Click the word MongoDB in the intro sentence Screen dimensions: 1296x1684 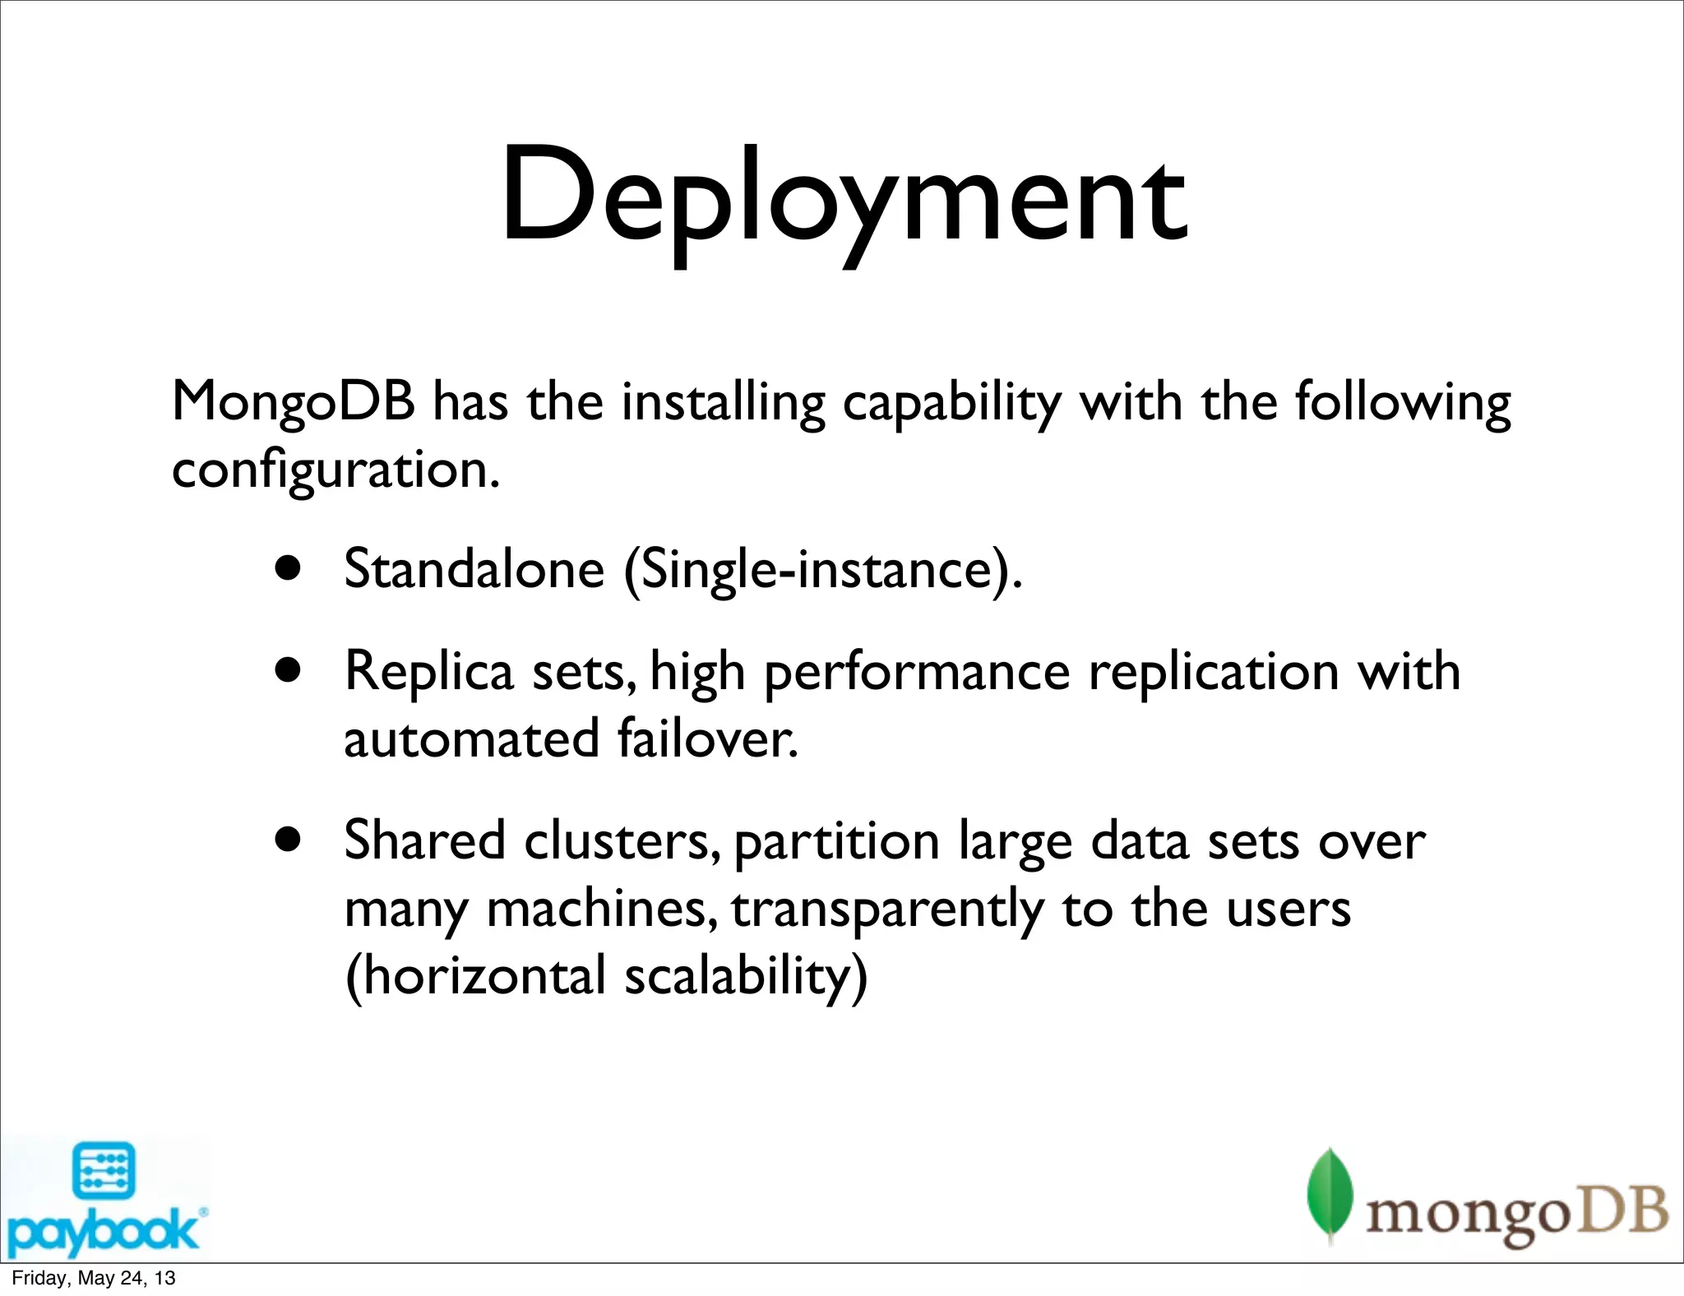tap(293, 403)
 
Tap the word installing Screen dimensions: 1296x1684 tap(723, 403)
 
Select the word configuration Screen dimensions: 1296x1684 tap(335, 470)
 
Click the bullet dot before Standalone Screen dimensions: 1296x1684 tap(289, 568)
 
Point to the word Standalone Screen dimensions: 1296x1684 tap(474, 569)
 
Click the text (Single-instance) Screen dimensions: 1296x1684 tap(823, 569)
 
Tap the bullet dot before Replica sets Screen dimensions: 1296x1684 tap(289, 670)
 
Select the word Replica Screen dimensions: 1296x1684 tap(429, 671)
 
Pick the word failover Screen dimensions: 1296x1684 tap(707, 738)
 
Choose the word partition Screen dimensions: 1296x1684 tap(836, 842)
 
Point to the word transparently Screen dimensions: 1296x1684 tap(887, 910)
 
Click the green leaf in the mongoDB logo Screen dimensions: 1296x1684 tap(1330, 1193)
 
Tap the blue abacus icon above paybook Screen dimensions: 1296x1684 tap(104, 1171)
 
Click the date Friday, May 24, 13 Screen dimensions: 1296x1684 tap(94, 1278)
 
